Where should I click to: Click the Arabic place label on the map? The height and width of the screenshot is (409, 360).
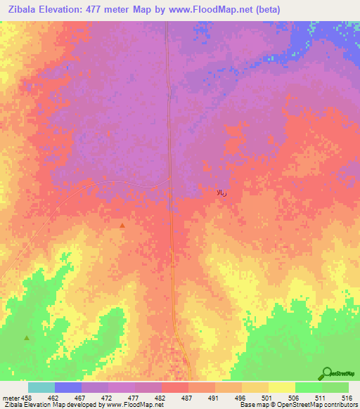221,193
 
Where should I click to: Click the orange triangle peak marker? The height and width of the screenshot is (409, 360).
122,226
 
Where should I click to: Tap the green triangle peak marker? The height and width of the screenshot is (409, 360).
27,338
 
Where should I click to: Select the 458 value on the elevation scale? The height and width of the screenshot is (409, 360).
27,397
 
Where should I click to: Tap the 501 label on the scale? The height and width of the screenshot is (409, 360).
268,397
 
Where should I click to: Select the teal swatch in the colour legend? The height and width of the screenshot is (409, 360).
41,387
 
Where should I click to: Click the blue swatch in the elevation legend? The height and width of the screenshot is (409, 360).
67,387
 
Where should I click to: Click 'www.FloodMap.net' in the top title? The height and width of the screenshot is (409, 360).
219,9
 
